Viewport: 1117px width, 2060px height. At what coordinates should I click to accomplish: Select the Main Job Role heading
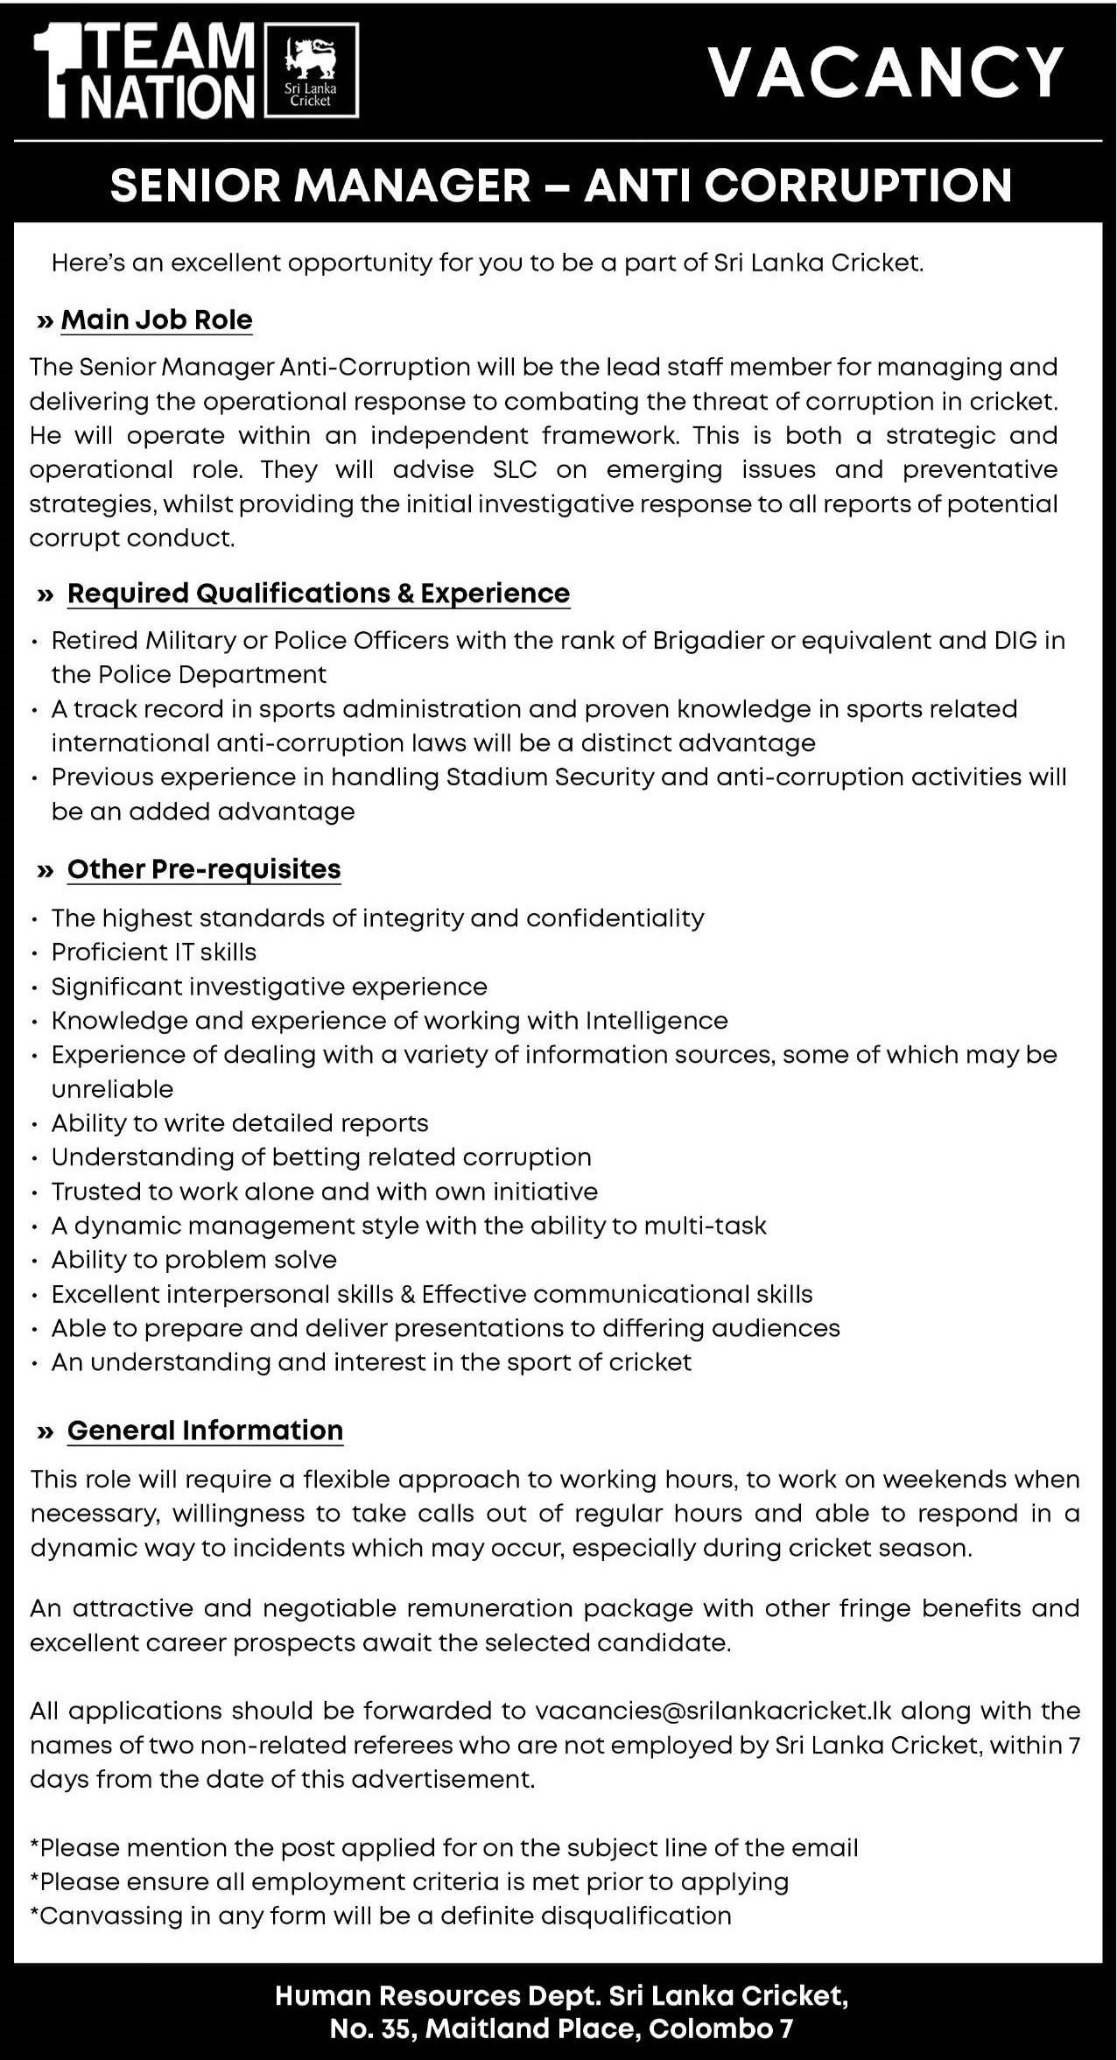point(157,320)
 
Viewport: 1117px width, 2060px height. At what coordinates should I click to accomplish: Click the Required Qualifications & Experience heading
point(318,594)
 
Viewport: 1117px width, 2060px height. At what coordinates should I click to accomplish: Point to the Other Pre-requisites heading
point(204,869)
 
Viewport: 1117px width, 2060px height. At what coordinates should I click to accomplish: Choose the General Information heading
point(205,1431)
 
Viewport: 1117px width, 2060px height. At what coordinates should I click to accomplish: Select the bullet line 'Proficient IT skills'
point(153,953)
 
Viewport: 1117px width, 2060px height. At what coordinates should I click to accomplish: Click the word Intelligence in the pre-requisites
point(657,1021)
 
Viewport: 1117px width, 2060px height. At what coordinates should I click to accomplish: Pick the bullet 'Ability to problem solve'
point(193,1260)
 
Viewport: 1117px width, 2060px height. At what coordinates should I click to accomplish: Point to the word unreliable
point(112,1089)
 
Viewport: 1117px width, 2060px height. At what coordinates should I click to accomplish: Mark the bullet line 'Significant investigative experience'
point(269,987)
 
